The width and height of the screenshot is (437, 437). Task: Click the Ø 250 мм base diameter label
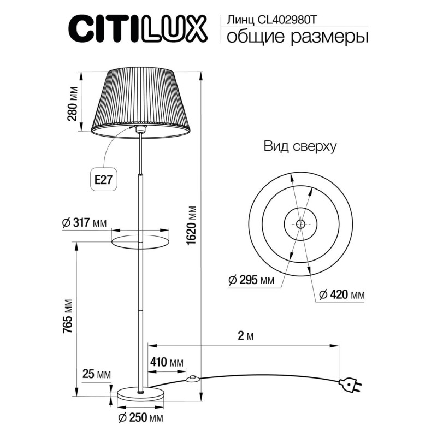point(141,419)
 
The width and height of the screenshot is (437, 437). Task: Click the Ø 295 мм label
point(251,281)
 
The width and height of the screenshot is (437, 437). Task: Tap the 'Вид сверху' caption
point(299,146)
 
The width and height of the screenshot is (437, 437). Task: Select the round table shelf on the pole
point(140,239)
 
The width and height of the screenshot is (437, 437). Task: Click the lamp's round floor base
point(141,393)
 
